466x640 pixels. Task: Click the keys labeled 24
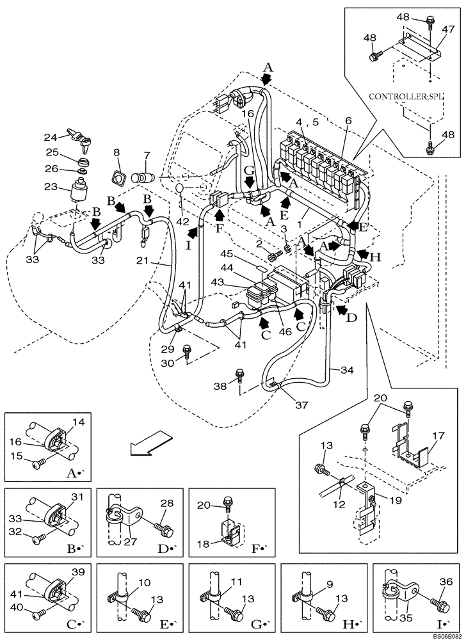[81, 135]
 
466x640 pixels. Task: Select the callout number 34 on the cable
[347, 370]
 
